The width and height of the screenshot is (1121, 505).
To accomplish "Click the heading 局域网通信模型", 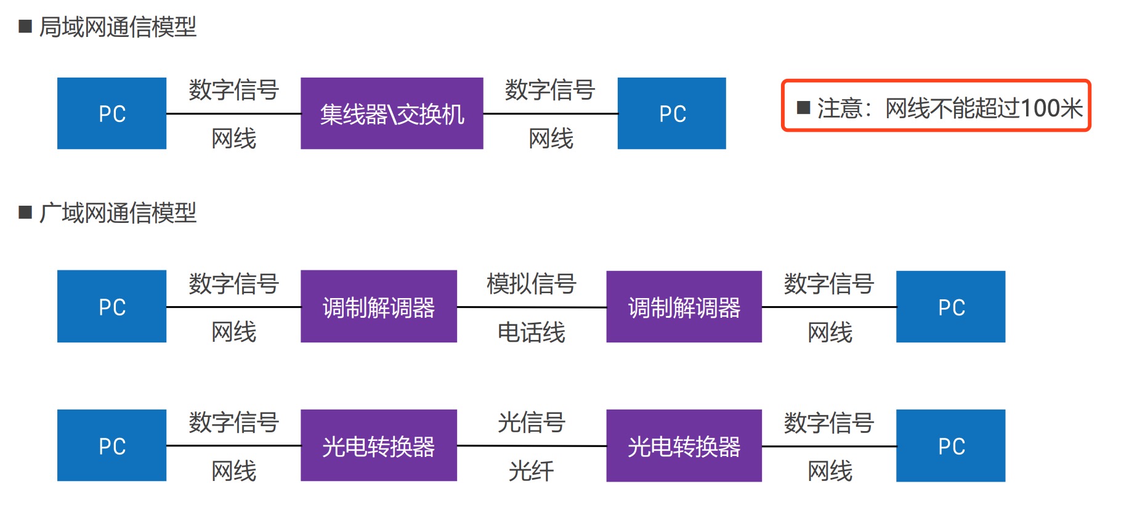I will (x=118, y=27).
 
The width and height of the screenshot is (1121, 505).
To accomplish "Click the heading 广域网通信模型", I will (x=118, y=213).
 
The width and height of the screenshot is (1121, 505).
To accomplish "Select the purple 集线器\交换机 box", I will (x=392, y=113).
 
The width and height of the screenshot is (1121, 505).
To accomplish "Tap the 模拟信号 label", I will (x=531, y=284).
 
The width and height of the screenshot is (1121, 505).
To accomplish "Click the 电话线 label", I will (x=531, y=333).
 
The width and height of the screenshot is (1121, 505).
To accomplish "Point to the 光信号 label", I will (x=531, y=422).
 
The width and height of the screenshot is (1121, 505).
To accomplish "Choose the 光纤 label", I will (x=531, y=471).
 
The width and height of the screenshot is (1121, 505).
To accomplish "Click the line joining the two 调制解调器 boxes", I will (x=532, y=307).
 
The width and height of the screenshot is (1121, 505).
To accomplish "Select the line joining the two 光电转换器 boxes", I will (x=532, y=446).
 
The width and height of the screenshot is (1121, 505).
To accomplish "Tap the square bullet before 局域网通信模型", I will (x=25, y=26).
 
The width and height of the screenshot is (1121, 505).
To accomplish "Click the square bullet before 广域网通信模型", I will (x=25, y=212).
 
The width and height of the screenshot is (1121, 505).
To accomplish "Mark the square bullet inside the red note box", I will (x=803, y=108).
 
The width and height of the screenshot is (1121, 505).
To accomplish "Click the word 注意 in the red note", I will (x=840, y=108).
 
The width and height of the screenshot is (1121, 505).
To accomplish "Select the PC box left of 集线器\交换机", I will (x=111, y=113).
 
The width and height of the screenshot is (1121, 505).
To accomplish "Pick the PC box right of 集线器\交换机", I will (x=671, y=113).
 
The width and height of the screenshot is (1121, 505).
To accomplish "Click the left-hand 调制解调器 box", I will (x=379, y=307).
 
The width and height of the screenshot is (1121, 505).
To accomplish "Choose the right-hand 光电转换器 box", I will (x=684, y=446).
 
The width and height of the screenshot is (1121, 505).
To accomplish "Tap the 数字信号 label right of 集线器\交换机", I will (x=549, y=90).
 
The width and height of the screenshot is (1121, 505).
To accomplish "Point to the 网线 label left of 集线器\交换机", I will (x=233, y=139).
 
